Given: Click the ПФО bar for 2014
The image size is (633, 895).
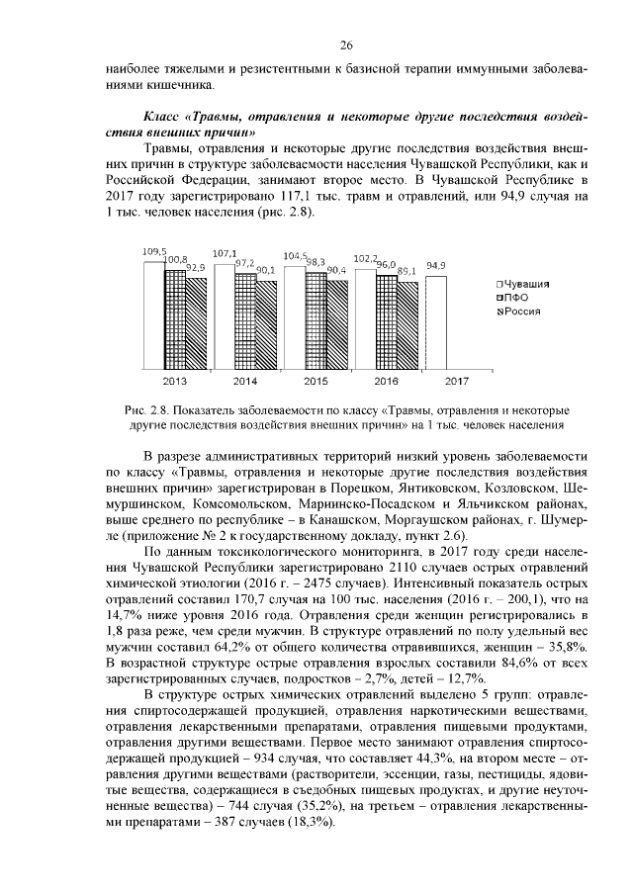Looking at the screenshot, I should pyautogui.click(x=245, y=321).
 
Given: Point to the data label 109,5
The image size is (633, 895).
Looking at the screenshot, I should pyautogui.click(x=154, y=252).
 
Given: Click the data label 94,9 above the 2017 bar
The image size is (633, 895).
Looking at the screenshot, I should pyautogui.click(x=436, y=266).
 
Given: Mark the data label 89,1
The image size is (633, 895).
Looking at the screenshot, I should pyautogui.click(x=407, y=269).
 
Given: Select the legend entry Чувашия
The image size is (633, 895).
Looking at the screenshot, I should pyautogui.click(x=522, y=284).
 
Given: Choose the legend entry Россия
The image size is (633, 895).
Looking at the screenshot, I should pyautogui.click(x=520, y=312).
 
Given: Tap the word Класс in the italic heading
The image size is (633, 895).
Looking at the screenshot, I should pyautogui.click(x=164, y=118).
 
